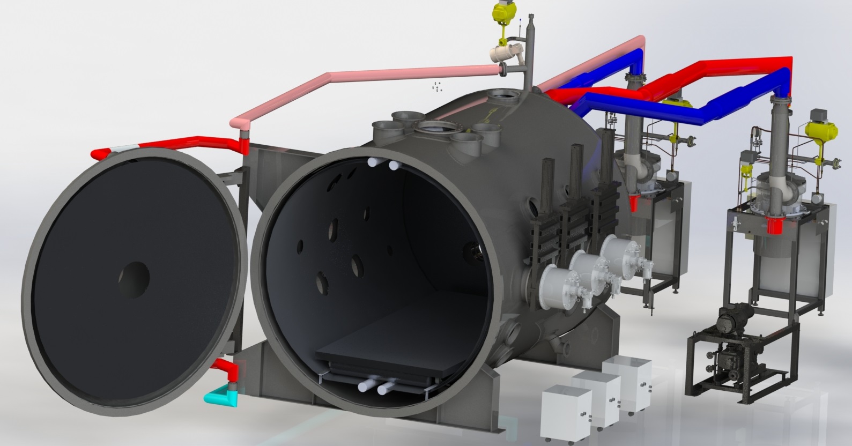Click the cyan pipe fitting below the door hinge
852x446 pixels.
click(218, 396)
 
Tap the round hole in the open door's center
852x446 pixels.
click(134, 277)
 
